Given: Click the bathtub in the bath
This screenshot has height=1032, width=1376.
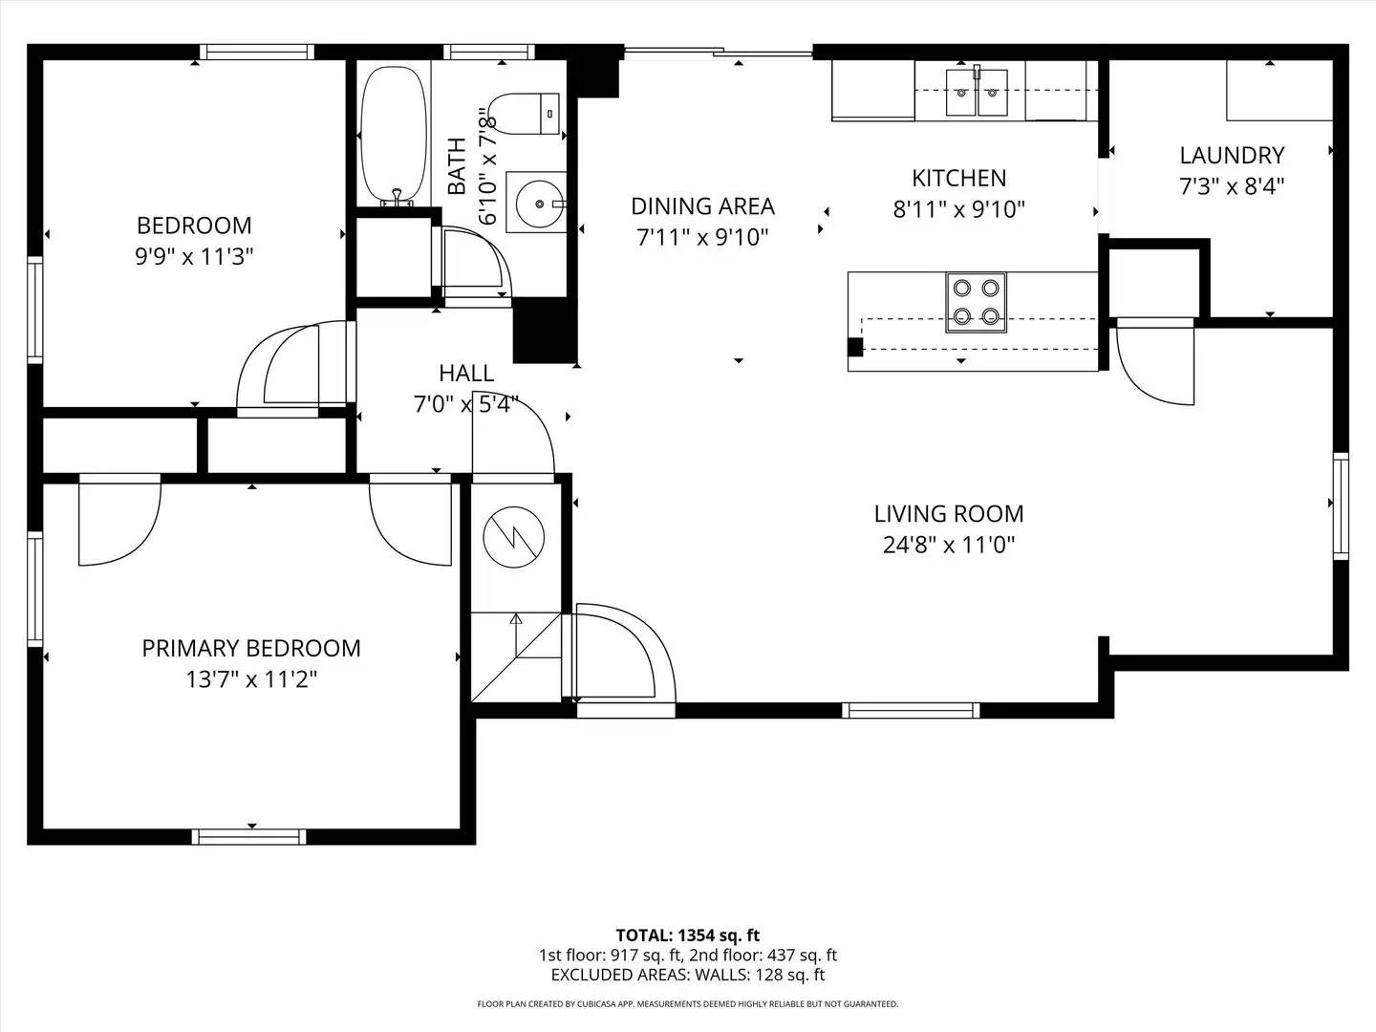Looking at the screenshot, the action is pos(395,135).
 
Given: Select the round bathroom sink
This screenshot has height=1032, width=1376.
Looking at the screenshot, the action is pos(540,203).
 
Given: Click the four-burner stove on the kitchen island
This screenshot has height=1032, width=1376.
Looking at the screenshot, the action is pos(976,302).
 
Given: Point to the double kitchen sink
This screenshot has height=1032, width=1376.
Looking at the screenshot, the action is pos(977,93).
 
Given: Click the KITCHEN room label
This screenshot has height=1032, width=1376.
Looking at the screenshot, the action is pos(959,178).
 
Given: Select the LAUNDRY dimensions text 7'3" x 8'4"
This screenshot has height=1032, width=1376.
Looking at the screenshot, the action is pos(1232,186).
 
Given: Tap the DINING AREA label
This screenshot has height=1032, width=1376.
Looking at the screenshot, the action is pos(702,206).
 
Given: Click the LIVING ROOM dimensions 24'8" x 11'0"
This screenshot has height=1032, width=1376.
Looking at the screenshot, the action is pos(949,545).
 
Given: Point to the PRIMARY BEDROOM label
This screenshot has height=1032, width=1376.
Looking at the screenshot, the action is pos(251,648).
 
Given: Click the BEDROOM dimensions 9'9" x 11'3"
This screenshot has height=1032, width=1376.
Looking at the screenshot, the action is pos(194,256).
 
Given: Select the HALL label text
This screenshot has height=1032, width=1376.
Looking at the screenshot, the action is pos(466,374).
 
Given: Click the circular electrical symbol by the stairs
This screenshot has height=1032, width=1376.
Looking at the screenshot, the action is pos(514,537).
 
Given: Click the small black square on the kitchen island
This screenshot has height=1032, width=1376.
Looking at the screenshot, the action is pos(855,347).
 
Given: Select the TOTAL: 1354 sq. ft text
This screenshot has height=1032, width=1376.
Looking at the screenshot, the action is pos(688,935).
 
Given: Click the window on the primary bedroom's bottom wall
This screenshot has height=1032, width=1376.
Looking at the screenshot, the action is pos(248,836).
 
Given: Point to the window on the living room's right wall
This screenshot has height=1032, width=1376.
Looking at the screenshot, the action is pos(1341,505).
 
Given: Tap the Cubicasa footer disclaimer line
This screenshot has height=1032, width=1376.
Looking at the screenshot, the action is pos(688,1003).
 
